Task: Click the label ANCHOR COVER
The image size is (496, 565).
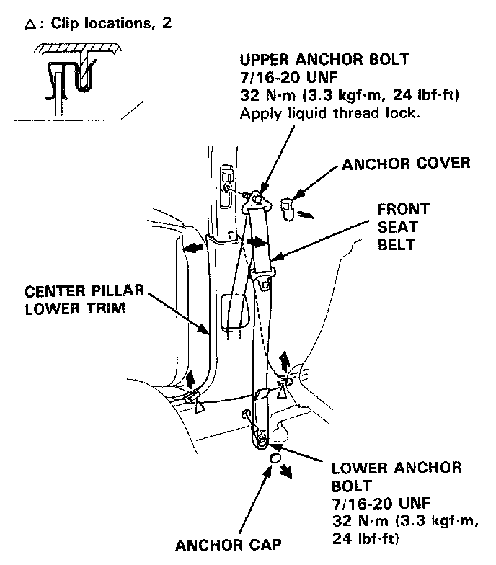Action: tap(406, 164)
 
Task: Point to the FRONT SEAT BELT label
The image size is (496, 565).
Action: tap(403, 226)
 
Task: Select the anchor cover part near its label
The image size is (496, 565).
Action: tap(285, 210)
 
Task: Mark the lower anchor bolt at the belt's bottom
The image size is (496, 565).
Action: tap(261, 441)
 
